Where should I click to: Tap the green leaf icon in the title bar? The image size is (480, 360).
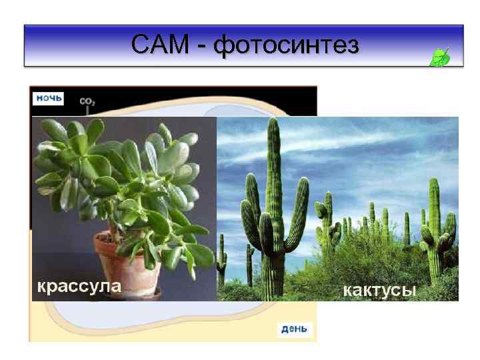[x=440, y=57]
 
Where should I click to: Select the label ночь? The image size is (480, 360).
[x=49, y=98]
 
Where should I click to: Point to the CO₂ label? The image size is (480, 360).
[x=87, y=101]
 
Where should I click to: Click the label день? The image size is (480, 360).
[x=293, y=329]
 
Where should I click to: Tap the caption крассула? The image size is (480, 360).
[x=79, y=287]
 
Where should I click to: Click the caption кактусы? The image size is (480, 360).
[x=379, y=290]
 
